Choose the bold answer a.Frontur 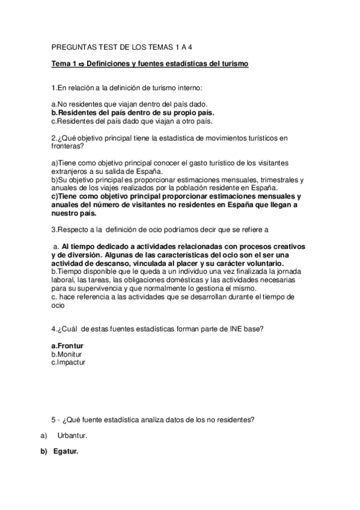67,346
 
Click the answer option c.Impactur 69,363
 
